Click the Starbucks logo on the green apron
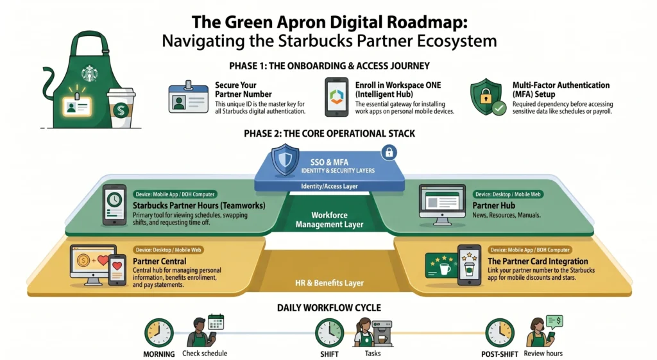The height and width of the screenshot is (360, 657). click(x=89, y=74)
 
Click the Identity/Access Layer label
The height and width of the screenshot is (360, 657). click(x=328, y=186)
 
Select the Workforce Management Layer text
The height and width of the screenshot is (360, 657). click(x=328, y=219)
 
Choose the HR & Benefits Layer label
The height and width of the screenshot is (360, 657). click(x=328, y=283)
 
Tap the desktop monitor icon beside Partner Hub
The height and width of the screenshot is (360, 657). click(x=442, y=204)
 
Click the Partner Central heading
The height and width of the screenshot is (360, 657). click(x=159, y=261)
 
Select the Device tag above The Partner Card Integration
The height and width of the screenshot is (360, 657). click(x=529, y=250)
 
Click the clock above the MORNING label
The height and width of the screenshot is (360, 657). click(x=158, y=332)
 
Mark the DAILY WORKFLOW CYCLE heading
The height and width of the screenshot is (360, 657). click(x=328, y=307)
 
